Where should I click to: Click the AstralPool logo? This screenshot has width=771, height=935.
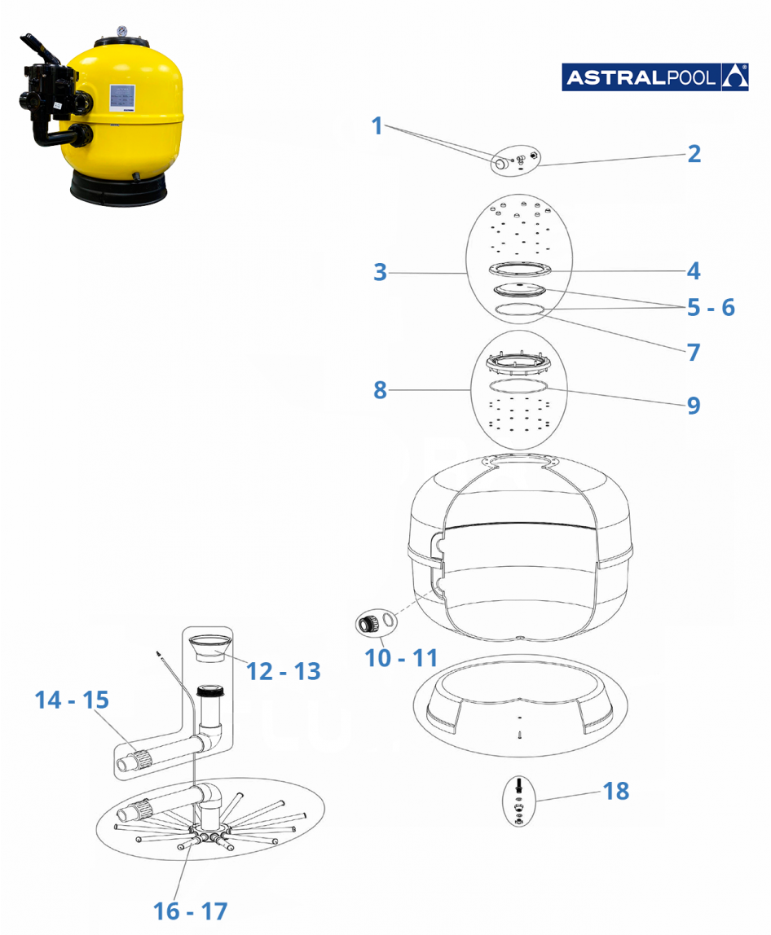[x=654, y=77]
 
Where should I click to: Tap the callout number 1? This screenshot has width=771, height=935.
[x=377, y=126]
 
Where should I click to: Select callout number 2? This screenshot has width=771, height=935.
[x=694, y=153]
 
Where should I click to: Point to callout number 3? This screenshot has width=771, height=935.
[x=380, y=272]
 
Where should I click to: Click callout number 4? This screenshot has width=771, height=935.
[x=694, y=270]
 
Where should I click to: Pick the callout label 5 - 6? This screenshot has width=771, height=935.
[x=711, y=307]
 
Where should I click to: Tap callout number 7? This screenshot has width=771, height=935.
[x=694, y=352]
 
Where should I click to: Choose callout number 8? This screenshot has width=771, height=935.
[x=380, y=390]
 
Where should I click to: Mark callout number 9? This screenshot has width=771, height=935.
[x=694, y=405]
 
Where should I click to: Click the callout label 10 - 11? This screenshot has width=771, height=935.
[x=402, y=656]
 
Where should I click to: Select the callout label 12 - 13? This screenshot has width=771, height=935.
[x=284, y=671]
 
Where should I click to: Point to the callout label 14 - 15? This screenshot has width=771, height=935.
[x=72, y=700]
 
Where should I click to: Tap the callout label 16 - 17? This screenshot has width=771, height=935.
[x=191, y=911]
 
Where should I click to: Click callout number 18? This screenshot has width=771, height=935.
[x=615, y=790]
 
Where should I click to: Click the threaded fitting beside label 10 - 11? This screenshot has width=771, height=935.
[x=368, y=626]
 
